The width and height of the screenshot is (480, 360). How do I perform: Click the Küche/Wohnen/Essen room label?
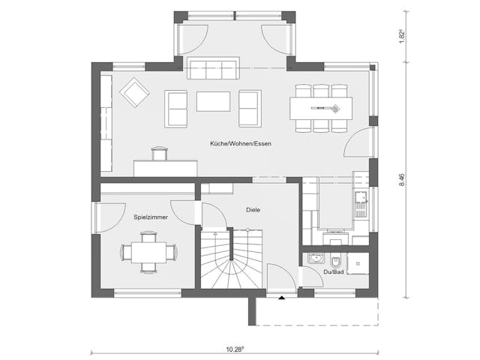240,143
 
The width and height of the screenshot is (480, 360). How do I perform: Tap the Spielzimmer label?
151,217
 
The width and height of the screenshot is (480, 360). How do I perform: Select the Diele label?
253,210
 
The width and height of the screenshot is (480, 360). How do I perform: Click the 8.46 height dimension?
403,179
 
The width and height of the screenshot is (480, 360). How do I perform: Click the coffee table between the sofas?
213,101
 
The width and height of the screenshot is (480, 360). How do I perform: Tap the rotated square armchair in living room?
134,92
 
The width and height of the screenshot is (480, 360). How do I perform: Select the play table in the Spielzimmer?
149,251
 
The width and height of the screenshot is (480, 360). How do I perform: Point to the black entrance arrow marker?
281,298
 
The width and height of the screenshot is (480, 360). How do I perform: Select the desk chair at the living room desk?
158,154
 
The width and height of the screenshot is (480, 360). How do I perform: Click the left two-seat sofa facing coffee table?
177,109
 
